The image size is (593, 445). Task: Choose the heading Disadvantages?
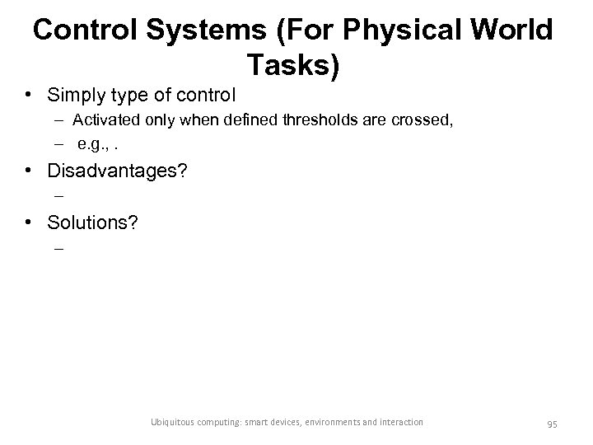118,171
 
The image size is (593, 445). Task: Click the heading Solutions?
91,222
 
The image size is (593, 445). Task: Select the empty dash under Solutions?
58,246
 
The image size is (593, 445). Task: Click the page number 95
552,424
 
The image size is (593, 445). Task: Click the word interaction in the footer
401,423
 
